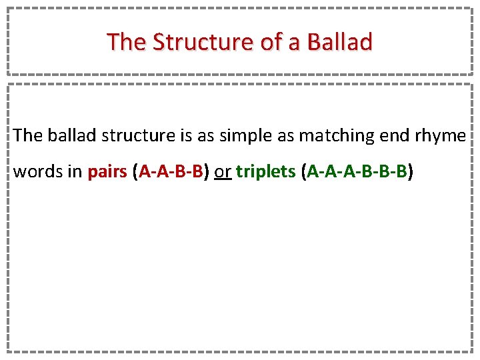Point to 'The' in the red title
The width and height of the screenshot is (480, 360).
click(127, 42)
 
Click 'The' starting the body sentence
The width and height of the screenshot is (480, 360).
click(27, 136)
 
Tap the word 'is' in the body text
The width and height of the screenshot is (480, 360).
click(186, 136)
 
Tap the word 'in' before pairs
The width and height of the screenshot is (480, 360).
click(73, 172)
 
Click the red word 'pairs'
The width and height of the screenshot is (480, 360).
click(107, 172)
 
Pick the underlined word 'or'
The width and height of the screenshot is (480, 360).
click(223, 172)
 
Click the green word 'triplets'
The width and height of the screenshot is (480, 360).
click(265, 172)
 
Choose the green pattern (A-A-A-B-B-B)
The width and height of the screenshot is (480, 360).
click(357, 172)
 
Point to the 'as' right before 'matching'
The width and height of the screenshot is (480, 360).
click(285, 136)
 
